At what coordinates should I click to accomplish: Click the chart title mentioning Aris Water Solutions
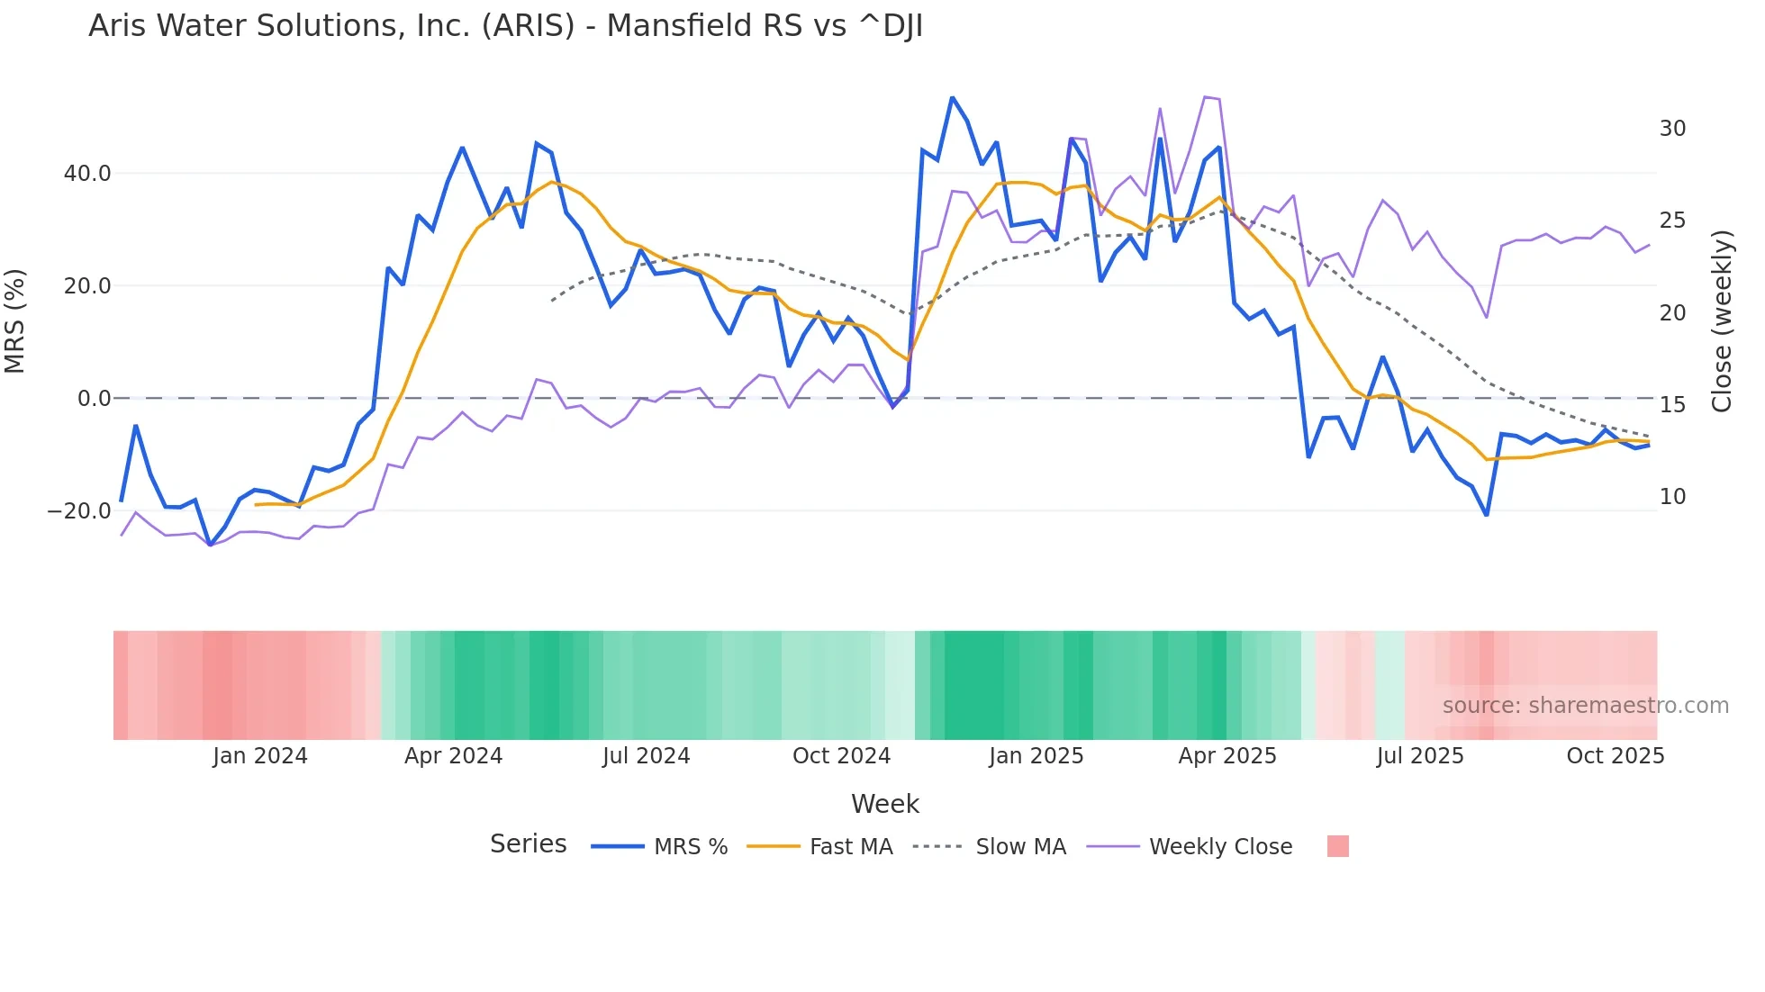(505, 26)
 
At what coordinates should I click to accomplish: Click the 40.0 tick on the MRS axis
(87, 173)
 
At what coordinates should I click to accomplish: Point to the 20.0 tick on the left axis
(87, 285)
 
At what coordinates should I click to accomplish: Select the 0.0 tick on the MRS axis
(94, 398)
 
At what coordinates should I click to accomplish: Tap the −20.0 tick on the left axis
(79, 510)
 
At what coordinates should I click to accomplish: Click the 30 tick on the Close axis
(1672, 129)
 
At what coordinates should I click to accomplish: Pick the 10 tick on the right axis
(1672, 497)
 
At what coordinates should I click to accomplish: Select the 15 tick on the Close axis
(1672, 405)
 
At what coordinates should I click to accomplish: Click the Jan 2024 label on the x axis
(260, 756)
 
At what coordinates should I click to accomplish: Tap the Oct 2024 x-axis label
(841, 756)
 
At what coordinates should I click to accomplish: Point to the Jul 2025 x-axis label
(1420, 756)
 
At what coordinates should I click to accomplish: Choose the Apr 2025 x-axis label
(1227, 756)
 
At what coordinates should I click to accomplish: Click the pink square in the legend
(1337, 846)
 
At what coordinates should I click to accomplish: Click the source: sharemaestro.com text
(1585, 706)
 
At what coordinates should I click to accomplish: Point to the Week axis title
(884, 804)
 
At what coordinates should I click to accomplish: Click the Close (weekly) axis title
(1722, 321)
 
